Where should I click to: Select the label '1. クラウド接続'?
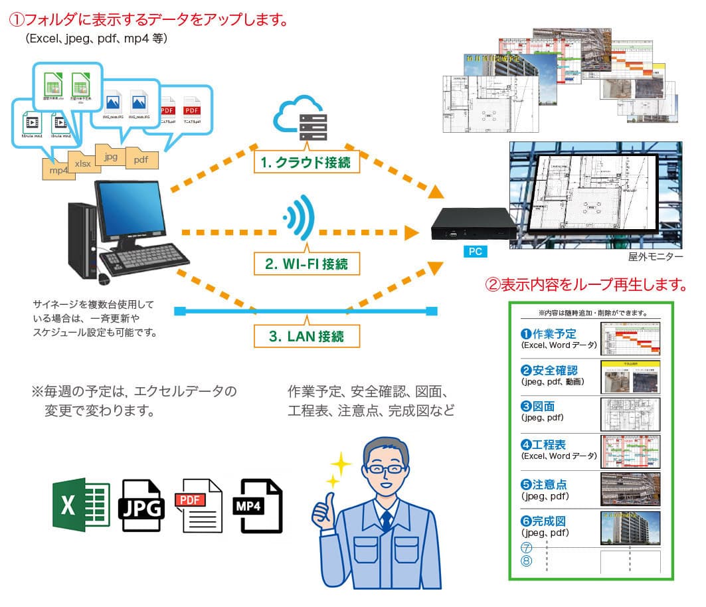tap(306, 161)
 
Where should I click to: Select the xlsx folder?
tap(82, 163)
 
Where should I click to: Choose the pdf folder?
tap(141, 158)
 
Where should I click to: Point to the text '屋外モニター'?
tap(655, 256)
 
